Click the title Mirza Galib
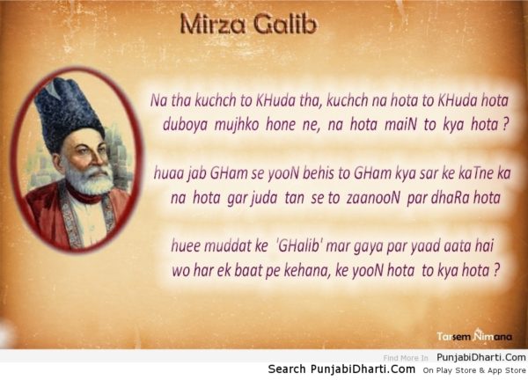tap(248, 25)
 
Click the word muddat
tap(224, 245)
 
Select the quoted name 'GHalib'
tap(298, 246)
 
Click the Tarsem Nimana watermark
tap(474, 335)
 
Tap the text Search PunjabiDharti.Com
tap(341, 369)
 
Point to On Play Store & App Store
tap(474, 370)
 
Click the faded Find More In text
tap(406, 358)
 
